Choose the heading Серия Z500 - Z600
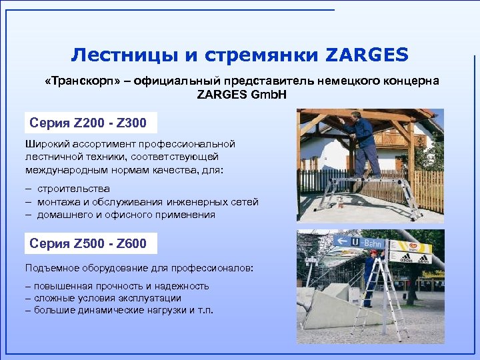point(88,243)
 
